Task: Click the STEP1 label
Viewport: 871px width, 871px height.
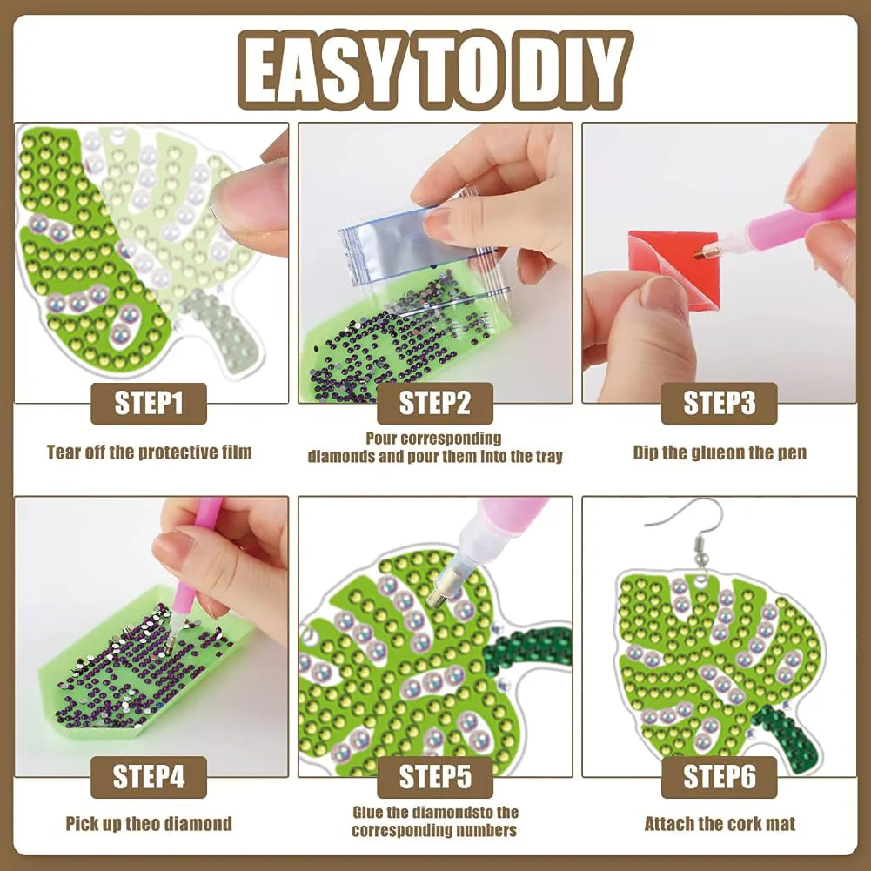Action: point(149,404)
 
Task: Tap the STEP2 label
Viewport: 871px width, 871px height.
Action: point(434,404)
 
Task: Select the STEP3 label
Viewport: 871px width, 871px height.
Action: point(718,404)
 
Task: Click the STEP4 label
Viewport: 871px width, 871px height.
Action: point(149,777)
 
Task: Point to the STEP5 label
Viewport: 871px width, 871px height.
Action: point(434,777)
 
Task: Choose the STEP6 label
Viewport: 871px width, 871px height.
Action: point(718,777)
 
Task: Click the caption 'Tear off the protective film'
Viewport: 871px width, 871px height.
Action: point(149,452)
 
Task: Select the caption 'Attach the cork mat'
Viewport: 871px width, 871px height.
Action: point(720,823)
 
